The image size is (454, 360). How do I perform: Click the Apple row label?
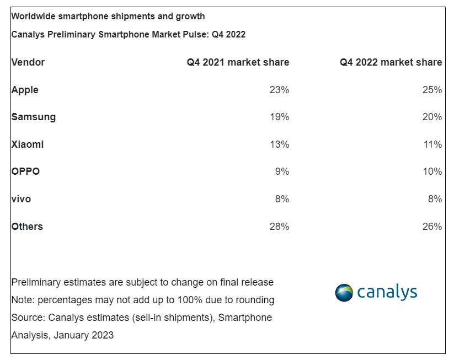coord(25,90)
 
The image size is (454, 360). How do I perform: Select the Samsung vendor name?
coord(34,117)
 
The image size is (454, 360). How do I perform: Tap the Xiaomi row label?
coord(28,144)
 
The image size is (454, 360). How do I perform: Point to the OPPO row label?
coord(25,171)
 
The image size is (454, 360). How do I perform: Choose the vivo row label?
coord(21,199)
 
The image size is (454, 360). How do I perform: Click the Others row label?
coord(27,227)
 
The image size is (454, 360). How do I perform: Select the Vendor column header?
coord(28,62)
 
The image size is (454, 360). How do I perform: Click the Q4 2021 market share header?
coord(238,62)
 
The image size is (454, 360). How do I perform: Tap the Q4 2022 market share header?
coord(391,62)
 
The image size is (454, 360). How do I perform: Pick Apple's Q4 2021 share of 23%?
coord(280,90)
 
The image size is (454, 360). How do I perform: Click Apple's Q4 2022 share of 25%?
coord(432,90)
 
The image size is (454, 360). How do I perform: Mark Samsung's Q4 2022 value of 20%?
coord(432,117)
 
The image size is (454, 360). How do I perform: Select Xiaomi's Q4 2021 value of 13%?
coord(280,144)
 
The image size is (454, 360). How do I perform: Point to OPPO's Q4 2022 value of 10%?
coord(432,171)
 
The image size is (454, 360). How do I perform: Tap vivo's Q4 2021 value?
coord(282,199)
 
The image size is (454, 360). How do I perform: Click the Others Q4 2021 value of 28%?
coord(280,227)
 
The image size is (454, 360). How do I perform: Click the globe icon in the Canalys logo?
coord(344,292)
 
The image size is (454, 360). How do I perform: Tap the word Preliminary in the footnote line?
coord(36,282)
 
